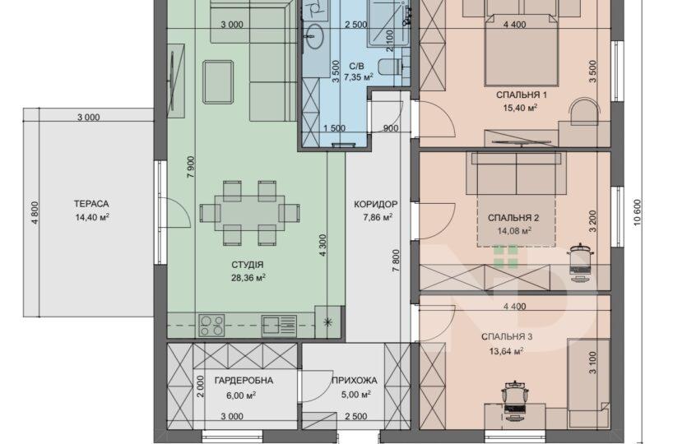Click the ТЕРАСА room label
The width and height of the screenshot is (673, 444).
(91, 204)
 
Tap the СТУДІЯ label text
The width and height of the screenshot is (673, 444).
(247, 265)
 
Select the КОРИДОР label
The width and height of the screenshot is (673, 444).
(375, 205)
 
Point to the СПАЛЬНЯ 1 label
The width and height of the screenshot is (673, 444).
(522, 95)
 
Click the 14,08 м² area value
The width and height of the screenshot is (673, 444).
(514, 231)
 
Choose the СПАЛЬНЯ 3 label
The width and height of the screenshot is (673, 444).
(507, 337)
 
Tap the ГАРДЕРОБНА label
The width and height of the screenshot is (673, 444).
(244, 381)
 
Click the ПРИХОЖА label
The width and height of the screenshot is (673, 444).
(354, 381)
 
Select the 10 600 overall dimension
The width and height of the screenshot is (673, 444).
(637, 212)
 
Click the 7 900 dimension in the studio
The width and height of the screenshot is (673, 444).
(191, 167)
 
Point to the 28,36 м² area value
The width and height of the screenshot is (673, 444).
(248, 278)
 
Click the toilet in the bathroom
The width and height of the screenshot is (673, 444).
(390, 67)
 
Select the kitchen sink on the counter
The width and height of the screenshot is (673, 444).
(279, 326)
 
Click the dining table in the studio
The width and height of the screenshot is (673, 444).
(249, 212)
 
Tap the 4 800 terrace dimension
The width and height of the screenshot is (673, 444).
(35, 212)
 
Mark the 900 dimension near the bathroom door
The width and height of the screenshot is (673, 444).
(391, 128)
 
